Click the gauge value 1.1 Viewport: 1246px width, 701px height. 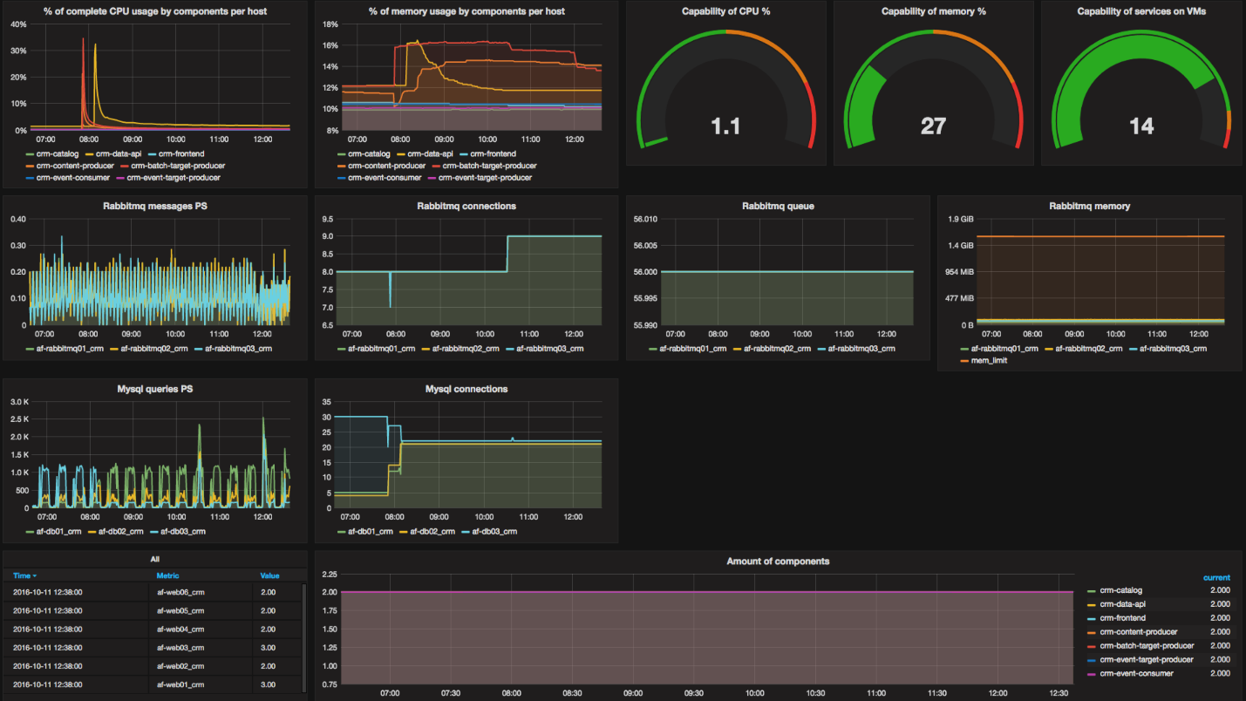[725, 127]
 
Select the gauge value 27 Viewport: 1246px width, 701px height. [933, 127]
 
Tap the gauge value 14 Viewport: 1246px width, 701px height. [1141, 127]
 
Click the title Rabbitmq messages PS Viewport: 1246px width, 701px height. [154, 207]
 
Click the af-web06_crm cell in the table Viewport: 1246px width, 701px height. [180, 592]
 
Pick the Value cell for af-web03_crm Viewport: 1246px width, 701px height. [268, 647]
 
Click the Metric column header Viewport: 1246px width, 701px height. [168, 575]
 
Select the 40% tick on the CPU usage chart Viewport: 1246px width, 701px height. [17, 24]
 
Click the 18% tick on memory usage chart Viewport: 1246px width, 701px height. [330, 24]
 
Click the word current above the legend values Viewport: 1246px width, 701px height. [1216, 577]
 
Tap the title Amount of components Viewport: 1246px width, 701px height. [778, 561]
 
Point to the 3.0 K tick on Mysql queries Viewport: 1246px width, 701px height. [19, 402]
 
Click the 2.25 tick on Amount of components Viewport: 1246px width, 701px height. [330, 575]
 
